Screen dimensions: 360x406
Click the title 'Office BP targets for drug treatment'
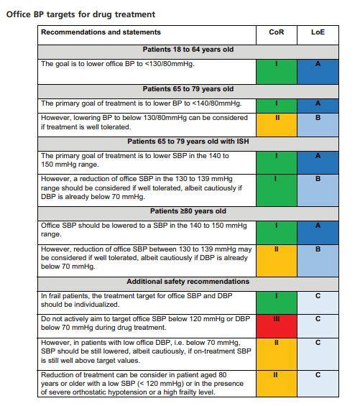click(x=80, y=14)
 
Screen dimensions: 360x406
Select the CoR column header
click(x=277, y=32)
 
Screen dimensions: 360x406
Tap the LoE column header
click(x=318, y=32)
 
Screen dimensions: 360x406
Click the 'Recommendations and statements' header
click(x=101, y=32)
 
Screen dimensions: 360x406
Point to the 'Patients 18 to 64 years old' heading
click(x=188, y=50)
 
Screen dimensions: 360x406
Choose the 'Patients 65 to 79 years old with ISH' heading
click(x=188, y=142)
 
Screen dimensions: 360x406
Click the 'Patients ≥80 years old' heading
click(x=188, y=211)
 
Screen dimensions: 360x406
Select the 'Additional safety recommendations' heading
click(x=188, y=282)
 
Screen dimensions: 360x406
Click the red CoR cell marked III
click(x=277, y=326)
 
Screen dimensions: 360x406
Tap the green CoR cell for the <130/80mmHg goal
click(x=277, y=72)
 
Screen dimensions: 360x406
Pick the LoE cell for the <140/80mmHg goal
click(x=318, y=106)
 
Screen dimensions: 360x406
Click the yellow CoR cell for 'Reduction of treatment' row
click(x=277, y=384)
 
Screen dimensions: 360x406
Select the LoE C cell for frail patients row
click(x=318, y=303)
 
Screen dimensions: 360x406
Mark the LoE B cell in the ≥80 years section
click(x=318, y=261)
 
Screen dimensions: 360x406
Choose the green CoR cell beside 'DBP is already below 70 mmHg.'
click(x=277, y=190)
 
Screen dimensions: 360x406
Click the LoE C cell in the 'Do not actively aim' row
click(x=318, y=326)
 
